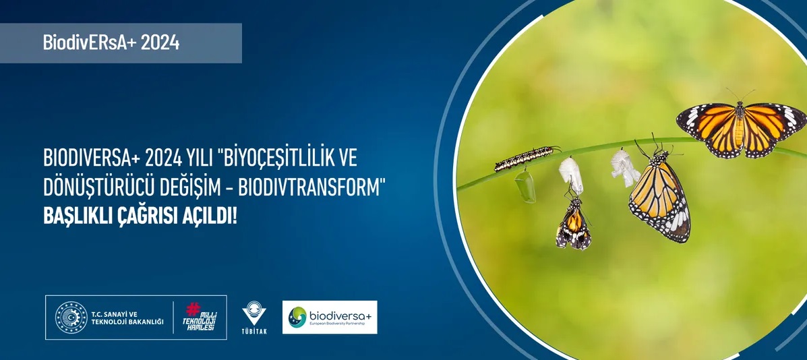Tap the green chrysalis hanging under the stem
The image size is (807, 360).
525,185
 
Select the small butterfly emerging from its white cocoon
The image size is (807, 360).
573,222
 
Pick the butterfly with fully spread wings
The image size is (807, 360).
742,129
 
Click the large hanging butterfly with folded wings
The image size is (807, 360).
660,193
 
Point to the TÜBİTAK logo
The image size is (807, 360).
254,318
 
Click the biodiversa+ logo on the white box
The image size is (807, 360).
330,318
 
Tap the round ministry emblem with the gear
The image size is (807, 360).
71,318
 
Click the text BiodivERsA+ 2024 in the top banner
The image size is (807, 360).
111,42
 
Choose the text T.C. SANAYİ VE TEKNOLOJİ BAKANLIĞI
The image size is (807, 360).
127,318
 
